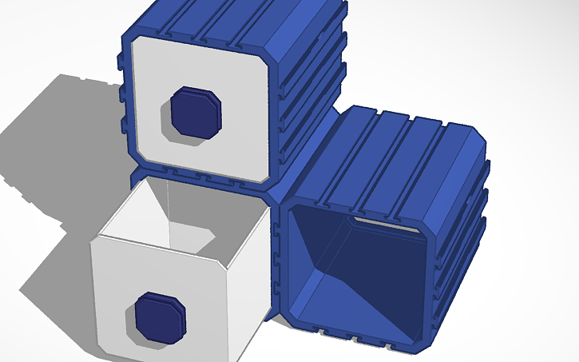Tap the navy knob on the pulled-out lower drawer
point(159,317)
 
